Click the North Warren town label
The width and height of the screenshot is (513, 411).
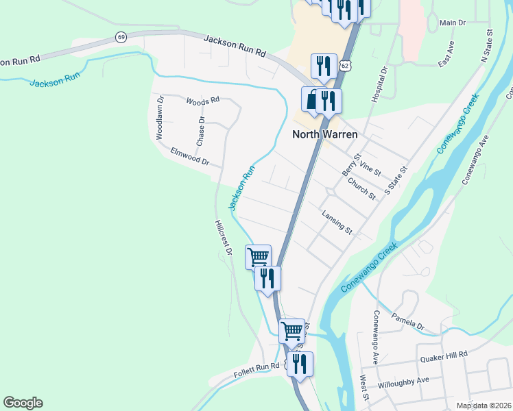pyautogui.click(x=324, y=134)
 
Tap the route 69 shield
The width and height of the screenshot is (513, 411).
pyautogui.click(x=121, y=37)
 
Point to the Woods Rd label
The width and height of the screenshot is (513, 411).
pyautogui.click(x=202, y=100)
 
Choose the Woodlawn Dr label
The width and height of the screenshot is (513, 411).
pyautogui.click(x=159, y=121)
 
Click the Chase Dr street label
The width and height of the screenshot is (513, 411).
pyautogui.click(x=201, y=131)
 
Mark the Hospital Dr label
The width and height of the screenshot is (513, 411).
pyautogui.click(x=379, y=85)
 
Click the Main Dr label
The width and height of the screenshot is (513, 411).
pyautogui.click(x=452, y=23)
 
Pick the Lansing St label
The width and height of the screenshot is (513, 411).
pyautogui.click(x=337, y=223)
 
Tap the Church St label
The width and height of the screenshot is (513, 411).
pyautogui.click(x=361, y=189)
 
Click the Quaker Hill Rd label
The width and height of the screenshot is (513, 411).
pyautogui.click(x=443, y=354)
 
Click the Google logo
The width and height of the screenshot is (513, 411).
pyautogui.click(x=23, y=403)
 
